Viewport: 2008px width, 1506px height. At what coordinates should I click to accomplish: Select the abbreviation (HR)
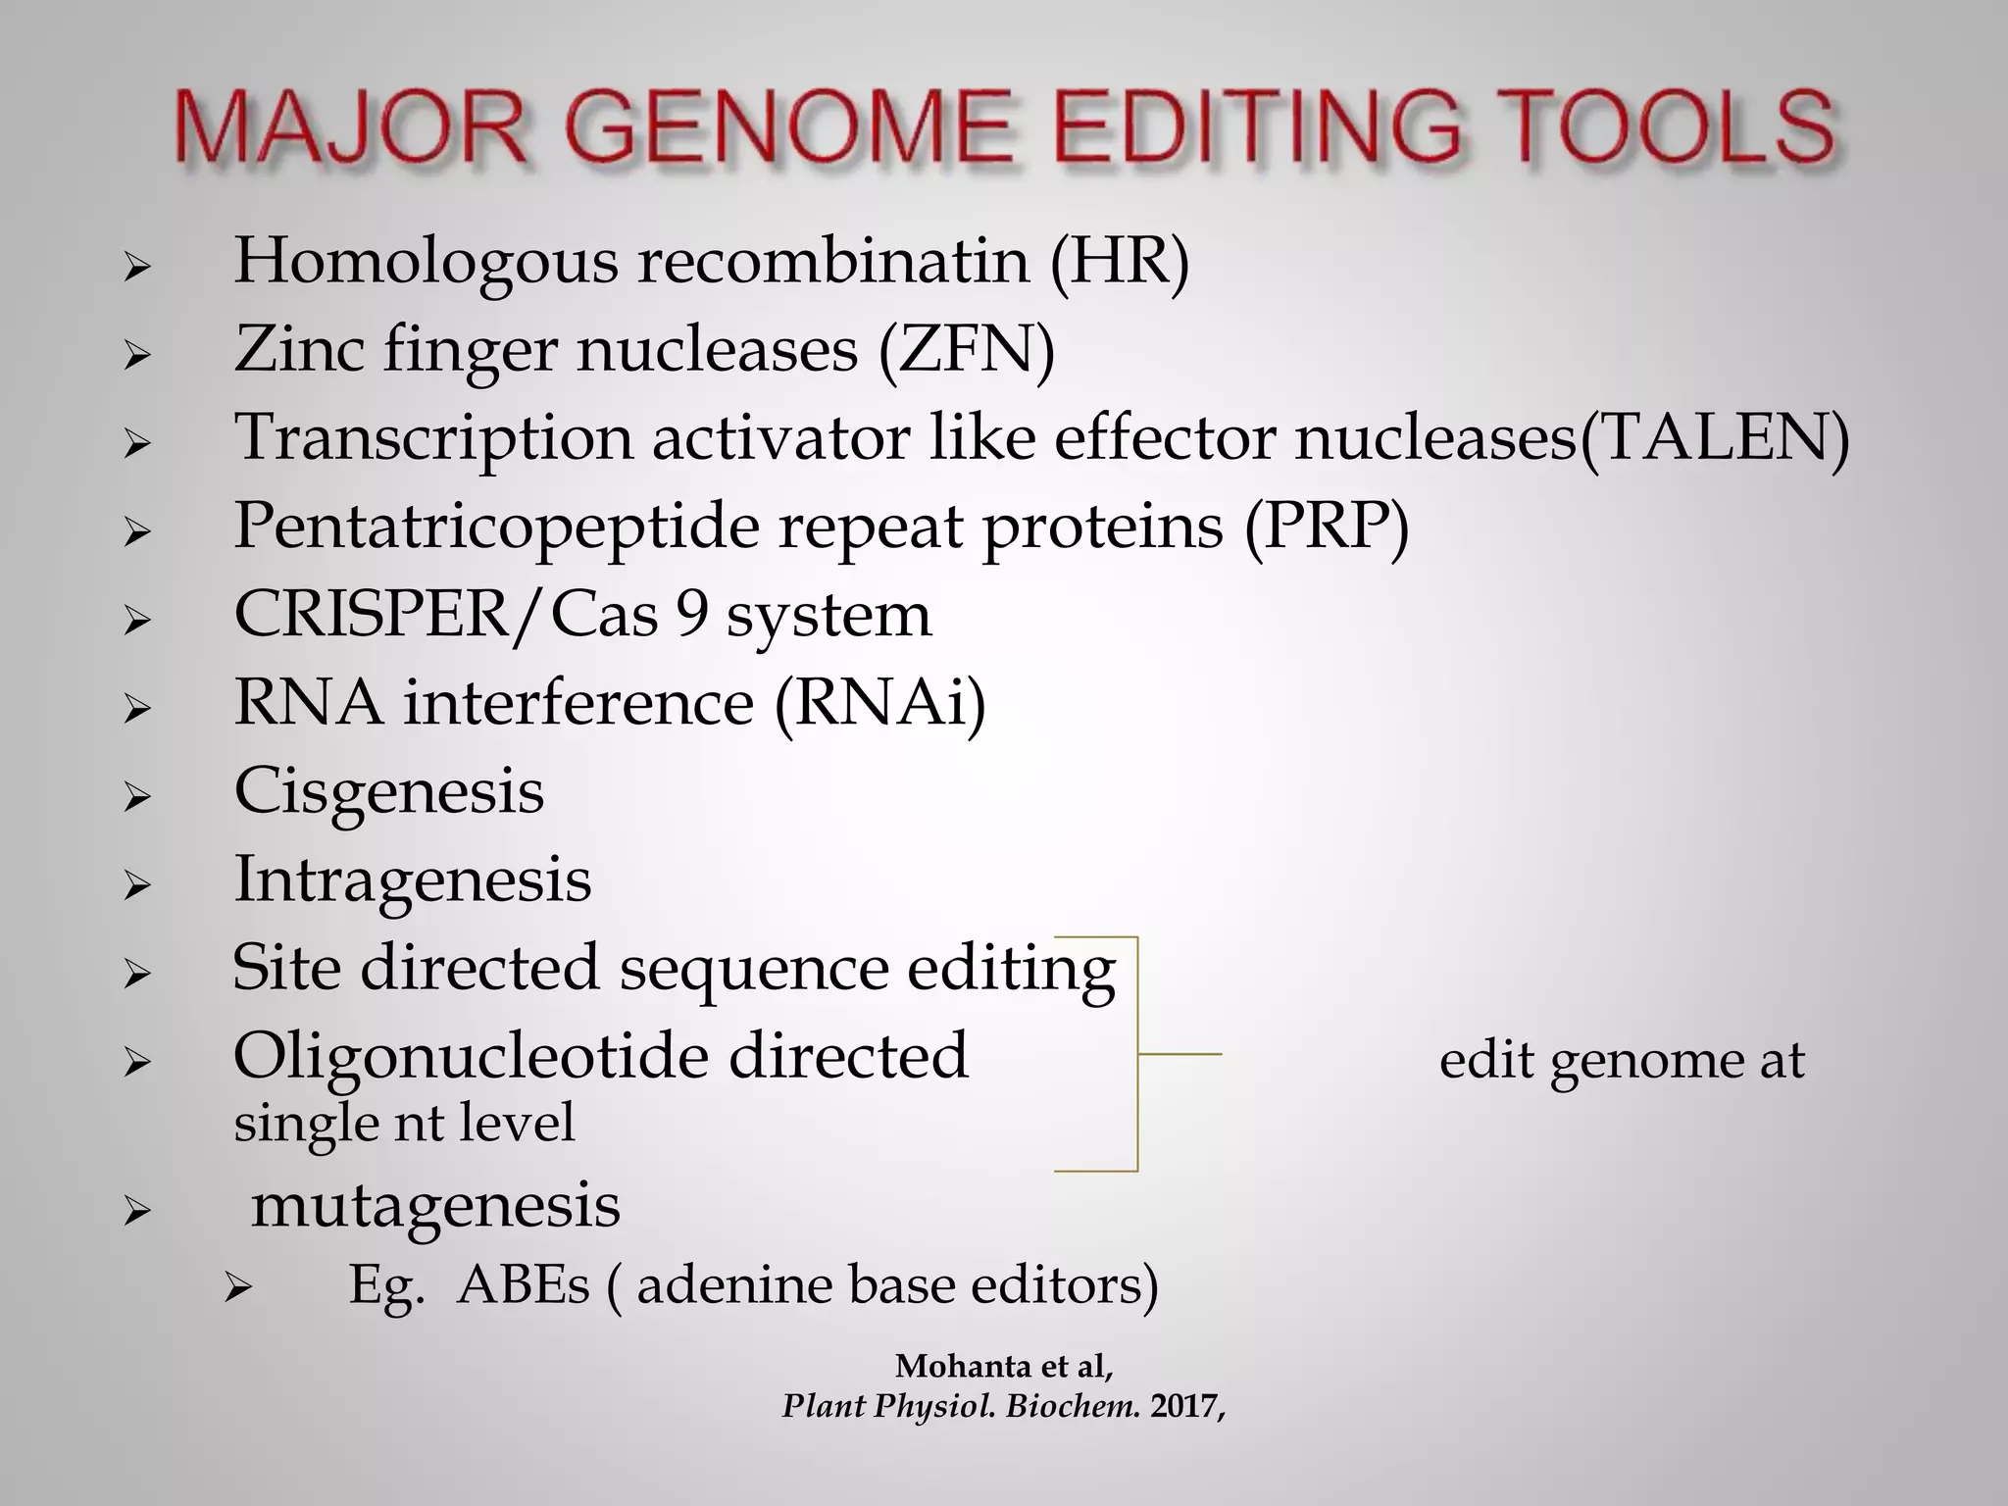tap(1119, 263)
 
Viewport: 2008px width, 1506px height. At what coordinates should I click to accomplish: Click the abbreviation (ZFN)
tap(966, 351)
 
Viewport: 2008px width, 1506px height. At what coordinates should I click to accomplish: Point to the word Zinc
tap(298, 350)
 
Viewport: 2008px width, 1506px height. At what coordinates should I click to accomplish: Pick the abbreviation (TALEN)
tap(1714, 438)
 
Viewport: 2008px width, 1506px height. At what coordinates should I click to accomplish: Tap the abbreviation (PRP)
tap(1328, 527)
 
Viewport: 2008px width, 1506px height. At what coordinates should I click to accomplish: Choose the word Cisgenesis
tap(388, 791)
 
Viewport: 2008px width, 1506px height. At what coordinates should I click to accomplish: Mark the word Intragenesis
tap(412, 880)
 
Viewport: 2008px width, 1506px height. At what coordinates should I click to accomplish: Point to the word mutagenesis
tap(435, 1206)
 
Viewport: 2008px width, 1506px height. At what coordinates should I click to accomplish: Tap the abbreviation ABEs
tap(524, 1286)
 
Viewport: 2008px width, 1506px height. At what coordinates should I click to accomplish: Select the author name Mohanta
tap(961, 1366)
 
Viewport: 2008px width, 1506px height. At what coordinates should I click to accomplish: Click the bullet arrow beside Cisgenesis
tap(136, 796)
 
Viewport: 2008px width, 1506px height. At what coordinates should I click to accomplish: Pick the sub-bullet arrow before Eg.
tap(238, 1289)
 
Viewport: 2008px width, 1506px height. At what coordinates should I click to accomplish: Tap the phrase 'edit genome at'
tap(1622, 1061)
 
